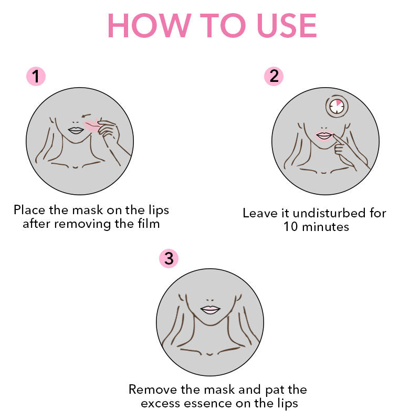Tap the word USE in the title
(x=287, y=25)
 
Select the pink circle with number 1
(x=36, y=76)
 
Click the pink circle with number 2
(x=274, y=76)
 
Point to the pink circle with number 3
(x=169, y=258)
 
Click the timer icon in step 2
(x=337, y=106)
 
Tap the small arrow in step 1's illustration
(x=86, y=115)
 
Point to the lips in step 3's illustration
(x=211, y=310)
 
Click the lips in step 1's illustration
(x=76, y=130)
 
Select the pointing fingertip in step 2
(x=334, y=136)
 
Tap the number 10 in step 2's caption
(x=291, y=227)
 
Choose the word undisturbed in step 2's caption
(x=329, y=213)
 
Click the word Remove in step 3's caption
(x=153, y=390)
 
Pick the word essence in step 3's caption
(x=204, y=404)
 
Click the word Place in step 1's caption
(x=29, y=209)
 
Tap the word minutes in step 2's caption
(x=325, y=227)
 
